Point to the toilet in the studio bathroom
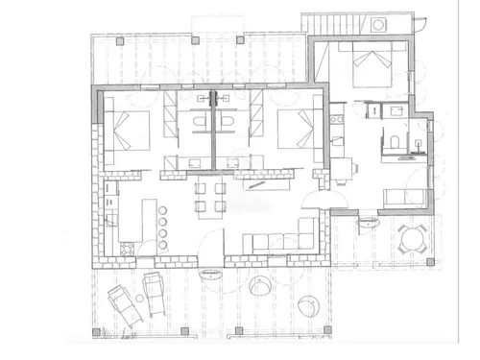[393, 144]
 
